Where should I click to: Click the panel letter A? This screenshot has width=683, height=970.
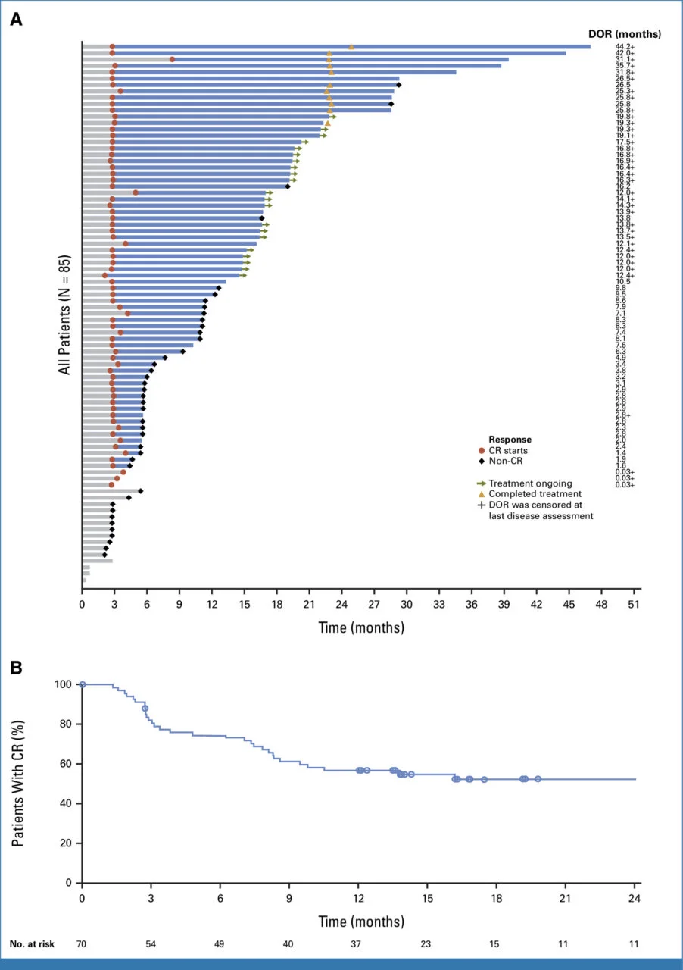pyautogui.click(x=16, y=20)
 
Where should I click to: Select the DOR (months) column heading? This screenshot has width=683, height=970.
pyautogui.click(x=624, y=34)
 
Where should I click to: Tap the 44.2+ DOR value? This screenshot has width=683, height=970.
pyautogui.click(x=625, y=47)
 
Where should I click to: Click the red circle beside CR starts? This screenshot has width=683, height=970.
pyautogui.click(x=482, y=449)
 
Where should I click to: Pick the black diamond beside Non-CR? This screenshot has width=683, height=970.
pyautogui.click(x=482, y=460)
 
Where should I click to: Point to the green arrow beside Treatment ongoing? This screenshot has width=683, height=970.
pyautogui.click(x=482, y=483)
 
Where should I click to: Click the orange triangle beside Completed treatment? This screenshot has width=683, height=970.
pyautogui.click(x=482, y=494)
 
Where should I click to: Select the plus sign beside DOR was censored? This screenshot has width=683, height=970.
pyautogui.click(x=482, y=505)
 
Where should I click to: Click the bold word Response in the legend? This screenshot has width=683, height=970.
pyautogui.click(x=510, y=439)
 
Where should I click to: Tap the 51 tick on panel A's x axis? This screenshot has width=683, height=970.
pyautogui.click(x=634, y=604)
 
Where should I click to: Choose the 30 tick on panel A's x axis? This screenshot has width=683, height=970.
pyautogui.click(x=407, y=604)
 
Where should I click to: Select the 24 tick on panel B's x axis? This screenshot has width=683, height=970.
pyautogui.click(x=635, y=899)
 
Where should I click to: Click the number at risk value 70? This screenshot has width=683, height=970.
pyautogui.click(x=82, y=944)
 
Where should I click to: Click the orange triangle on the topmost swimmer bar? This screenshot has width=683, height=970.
pyautogui.click(x=351, y=47)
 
